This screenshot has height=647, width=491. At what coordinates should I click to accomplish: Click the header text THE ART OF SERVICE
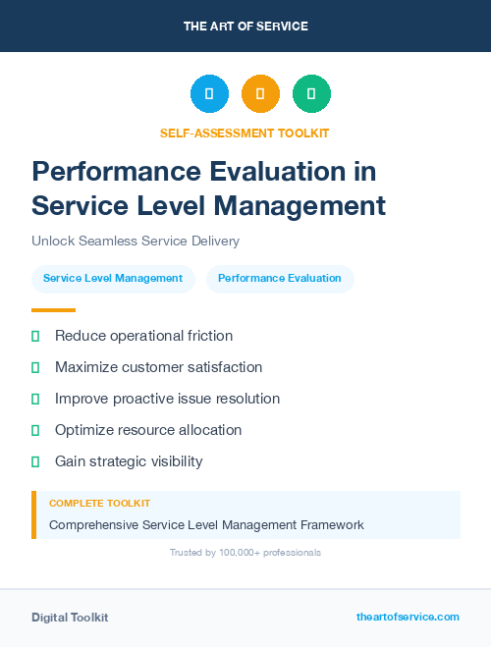pos(245,27)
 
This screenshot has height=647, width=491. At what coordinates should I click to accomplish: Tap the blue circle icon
pos(209,94)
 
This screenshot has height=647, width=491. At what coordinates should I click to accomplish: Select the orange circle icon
pos(260,94)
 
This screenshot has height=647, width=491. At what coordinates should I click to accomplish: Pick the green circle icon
pos(311,94)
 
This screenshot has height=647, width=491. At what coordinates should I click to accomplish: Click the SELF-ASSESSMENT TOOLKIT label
pos(245,133)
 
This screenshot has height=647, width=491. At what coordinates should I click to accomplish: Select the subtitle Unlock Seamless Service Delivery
pos(136,241)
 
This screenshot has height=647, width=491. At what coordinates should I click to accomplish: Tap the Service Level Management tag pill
pos(113,278)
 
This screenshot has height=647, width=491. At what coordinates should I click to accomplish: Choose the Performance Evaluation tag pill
pos(280,278)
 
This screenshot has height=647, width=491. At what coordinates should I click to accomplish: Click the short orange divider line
pos(53,309)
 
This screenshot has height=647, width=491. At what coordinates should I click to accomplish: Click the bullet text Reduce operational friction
pos(143,336)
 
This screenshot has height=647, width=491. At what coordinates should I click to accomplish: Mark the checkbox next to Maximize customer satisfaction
pos(35,367)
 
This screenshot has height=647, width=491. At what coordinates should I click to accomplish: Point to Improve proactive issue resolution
pos(167,399)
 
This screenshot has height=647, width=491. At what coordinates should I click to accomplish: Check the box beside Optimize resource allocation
pos(35,430)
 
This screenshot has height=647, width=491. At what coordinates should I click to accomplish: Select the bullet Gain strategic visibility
pos(129,461)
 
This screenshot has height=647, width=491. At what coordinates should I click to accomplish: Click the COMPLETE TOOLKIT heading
pos(99,503)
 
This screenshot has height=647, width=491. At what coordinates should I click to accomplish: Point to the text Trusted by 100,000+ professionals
pos(245,553)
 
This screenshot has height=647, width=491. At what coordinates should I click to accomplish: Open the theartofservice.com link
pos(408,617)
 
